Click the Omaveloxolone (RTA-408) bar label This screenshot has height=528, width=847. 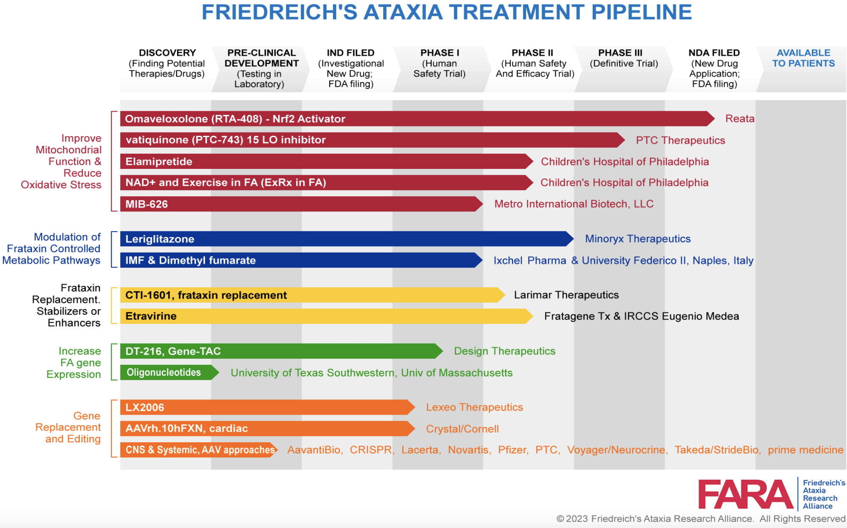point(235,119)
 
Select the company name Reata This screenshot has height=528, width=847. point(740,119)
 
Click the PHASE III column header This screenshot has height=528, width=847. point(620,53)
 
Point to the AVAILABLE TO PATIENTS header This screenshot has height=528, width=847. point(803,58)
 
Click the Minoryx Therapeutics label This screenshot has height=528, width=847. point(637,239)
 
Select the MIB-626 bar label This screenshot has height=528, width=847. point(146,204)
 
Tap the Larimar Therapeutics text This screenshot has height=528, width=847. point(566,295)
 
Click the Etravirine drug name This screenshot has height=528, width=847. point(151,316)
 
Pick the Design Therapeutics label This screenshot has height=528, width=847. point(504,351)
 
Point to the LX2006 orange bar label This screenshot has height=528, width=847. point(145,407)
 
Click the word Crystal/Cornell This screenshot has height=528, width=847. point(462,429)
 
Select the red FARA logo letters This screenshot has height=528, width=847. point(745,494)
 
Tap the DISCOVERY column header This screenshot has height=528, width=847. point(167,53)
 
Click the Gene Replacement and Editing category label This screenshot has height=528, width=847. point(68,427)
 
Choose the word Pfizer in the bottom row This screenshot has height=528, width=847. point(513,450)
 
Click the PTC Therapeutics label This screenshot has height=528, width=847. point(680,140)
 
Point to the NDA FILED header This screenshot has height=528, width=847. point(714,53)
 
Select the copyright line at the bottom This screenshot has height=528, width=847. point(701,519)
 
